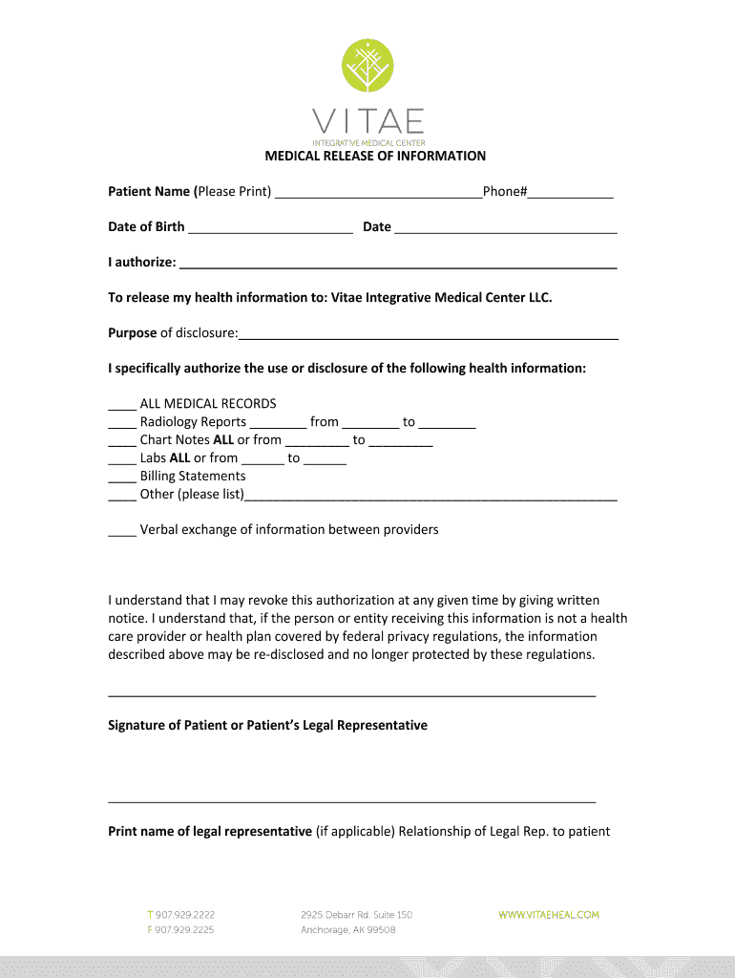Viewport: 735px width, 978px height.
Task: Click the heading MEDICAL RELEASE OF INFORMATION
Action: [375, 156]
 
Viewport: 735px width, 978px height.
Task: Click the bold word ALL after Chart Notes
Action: [222, 440]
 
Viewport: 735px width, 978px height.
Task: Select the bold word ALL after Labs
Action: [179, 458]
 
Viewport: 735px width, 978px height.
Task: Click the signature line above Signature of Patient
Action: [352, 695]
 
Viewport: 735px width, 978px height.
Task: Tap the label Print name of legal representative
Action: [210, 831]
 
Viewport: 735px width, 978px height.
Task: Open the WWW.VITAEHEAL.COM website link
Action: [549, 915]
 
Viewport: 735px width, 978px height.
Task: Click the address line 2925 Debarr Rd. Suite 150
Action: [356, 915]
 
